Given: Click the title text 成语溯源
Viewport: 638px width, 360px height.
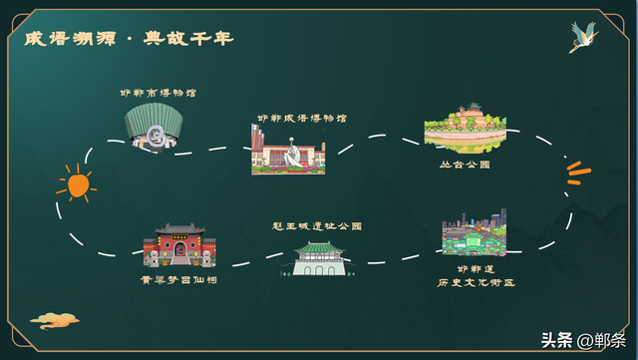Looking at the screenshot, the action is [x=68, y=38].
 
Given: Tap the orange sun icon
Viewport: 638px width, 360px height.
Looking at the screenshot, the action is [x=76, y=183].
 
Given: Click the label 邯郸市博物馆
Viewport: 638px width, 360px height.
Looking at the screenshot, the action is [x=159, y=93].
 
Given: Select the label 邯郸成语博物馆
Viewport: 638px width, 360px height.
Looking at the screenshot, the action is [x=302, y=118].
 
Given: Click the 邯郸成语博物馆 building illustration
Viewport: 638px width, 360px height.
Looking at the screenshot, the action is [x=288, y=151].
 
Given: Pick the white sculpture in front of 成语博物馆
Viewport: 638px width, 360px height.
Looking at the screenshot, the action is [x=294, y=157].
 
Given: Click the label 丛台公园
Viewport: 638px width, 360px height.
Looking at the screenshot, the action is [x=465, y=164].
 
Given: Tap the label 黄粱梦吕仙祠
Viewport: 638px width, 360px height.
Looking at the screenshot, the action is [x=179, y=280].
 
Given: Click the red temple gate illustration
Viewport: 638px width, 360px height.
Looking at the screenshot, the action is [x=179, y=245].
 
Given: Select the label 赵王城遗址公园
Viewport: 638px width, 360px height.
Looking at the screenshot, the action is [x=317, y=226].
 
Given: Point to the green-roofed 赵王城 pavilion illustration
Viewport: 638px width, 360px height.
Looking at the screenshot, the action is [x=318, y=257].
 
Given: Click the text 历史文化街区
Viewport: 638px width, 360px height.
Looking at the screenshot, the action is [x=475, y=282].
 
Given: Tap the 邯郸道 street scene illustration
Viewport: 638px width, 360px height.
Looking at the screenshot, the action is [x=475, y=233].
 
